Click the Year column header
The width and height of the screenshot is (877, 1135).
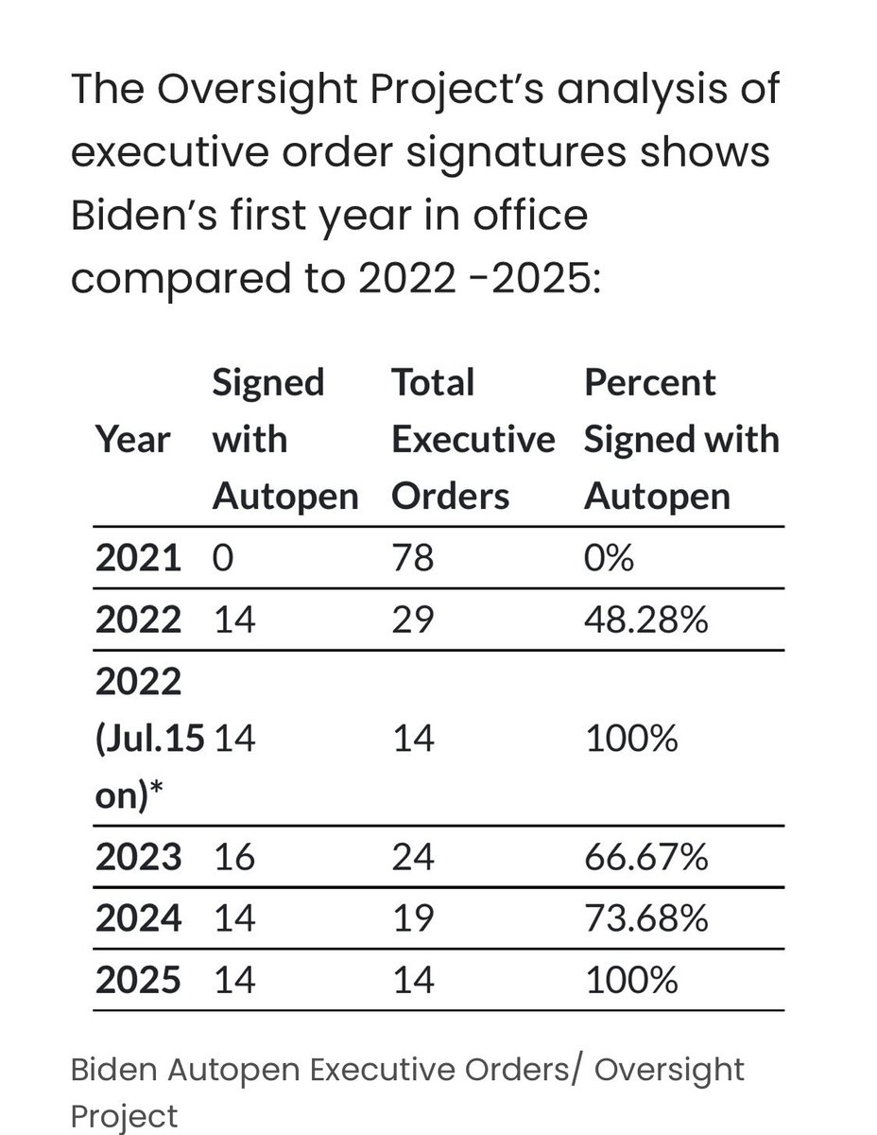(x=132, y=440)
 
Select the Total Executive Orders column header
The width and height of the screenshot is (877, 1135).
(x=473, y=440)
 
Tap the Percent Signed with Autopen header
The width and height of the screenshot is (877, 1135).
(x=680, y=440)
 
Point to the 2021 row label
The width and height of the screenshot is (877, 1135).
(x=138, y=558)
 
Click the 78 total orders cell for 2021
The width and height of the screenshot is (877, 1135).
(x=413, y=558)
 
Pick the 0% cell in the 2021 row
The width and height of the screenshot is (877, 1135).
(x=609, y=558)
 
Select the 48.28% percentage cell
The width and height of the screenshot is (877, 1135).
(x=645, y=619)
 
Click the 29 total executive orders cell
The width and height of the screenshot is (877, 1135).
(x=413, y=619)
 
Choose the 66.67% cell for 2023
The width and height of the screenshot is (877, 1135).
(x=645, y=857)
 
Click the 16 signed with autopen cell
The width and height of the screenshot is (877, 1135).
(x=232, y=857)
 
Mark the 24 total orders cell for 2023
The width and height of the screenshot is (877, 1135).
(x=413, y=857)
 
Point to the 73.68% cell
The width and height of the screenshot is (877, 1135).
(x=645, y=917)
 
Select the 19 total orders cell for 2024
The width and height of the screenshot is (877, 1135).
(x=413, y=917)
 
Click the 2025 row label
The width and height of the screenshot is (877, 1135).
(x=138, y=979)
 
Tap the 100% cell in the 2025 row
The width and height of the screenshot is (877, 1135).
(x=631, y=979)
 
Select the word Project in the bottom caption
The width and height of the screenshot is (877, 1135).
(x=124, y=1115)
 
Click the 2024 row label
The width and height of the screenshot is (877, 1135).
(x=138, y=917)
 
